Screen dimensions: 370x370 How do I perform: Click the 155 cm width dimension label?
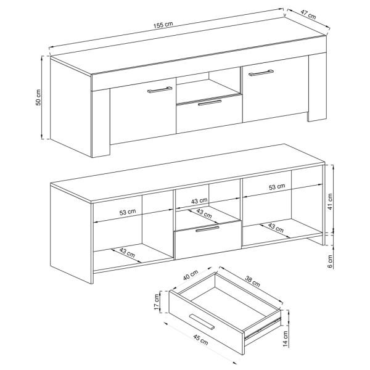[x=163, y=25]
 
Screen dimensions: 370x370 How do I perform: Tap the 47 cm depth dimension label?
[x=308, y=15]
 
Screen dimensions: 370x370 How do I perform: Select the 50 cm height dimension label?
[x=38, y=97]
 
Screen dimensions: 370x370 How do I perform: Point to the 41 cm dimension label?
[x=330, y=202]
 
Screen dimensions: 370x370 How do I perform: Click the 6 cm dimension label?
[x=330, y=261]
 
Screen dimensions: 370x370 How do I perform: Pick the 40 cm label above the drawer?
[x=191, y=275]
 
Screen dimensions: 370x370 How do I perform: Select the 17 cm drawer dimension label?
[x=157, y=302]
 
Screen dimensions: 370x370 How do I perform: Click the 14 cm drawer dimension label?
[x=286, y=339]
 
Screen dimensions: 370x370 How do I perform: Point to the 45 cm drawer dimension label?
[x=200, y=340]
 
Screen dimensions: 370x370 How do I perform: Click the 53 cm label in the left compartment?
[x=128, y=212]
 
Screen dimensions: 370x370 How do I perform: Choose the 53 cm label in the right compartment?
[x=277, y=187]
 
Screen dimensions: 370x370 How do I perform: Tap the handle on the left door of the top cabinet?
[x=160, y=89]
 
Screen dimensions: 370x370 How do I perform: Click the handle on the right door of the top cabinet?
[x=261, y=73]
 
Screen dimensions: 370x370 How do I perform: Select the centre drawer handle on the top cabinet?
[x=210, y=102]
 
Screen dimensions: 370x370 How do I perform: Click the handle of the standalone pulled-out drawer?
[x=202, y=321]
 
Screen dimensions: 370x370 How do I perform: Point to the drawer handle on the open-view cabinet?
[x=207, y=229]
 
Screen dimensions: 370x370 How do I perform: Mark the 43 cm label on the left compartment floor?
[x=127, y=252]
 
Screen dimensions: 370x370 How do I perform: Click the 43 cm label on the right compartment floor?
[x=276, y=228]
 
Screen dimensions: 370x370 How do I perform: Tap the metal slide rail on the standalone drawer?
[x=263, y=328]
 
